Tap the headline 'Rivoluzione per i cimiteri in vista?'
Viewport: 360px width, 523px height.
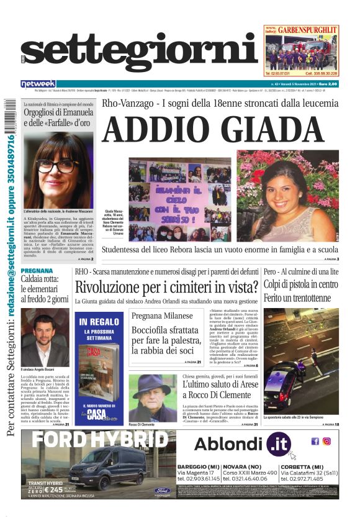point(166,287)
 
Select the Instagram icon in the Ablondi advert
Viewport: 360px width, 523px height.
point(326,441)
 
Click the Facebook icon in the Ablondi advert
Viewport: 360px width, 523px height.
point(315,441)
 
